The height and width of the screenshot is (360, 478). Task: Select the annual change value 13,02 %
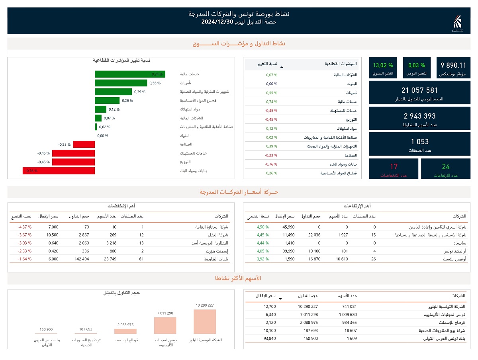coord(383,65)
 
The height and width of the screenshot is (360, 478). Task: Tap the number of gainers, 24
coord(445,167)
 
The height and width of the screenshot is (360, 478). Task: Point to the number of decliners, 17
coord(394,167)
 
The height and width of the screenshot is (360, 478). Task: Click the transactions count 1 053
coord(420,142)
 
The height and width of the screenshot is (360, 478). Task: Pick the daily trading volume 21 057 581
coord(420,90)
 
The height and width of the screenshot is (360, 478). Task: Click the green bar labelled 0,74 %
coord(130,74)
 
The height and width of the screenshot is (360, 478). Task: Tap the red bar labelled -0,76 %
coord(59,171)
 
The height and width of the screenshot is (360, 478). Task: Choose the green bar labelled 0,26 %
coord(107,100)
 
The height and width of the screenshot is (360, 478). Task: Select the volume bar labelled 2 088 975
coord(125,331)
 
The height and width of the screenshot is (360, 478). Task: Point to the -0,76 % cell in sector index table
coord(272,164)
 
